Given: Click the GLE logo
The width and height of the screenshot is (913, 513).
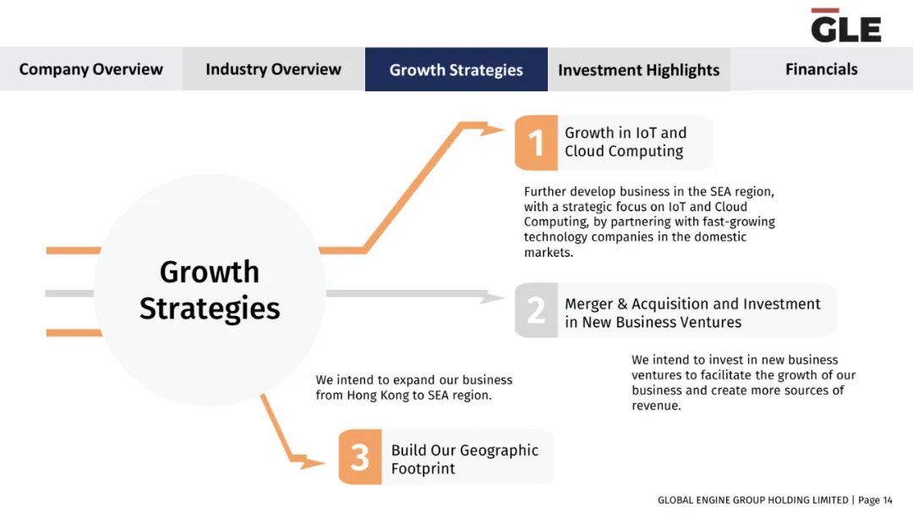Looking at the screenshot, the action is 846,25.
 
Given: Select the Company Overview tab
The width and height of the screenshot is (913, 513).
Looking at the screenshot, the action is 90,69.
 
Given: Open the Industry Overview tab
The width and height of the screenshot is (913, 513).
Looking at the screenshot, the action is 274,69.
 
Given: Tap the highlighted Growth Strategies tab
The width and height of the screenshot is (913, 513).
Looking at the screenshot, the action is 456,69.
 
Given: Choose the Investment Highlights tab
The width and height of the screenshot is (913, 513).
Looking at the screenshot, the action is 639,69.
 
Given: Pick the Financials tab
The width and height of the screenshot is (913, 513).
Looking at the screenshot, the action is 822,69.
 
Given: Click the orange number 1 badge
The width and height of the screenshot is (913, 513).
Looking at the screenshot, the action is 536,143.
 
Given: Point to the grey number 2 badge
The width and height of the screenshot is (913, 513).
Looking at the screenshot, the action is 536,310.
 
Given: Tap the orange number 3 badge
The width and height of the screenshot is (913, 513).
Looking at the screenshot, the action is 360,457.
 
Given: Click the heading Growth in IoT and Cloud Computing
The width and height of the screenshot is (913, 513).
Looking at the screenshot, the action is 626,141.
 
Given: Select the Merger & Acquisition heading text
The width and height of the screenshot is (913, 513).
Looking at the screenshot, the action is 692,313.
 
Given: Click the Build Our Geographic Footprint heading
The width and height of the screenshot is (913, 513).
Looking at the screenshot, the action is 465,459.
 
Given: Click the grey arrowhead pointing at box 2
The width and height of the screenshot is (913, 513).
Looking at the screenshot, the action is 492,297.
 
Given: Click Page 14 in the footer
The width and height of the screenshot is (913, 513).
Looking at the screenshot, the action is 875,500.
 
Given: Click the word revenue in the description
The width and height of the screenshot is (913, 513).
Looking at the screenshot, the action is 656,406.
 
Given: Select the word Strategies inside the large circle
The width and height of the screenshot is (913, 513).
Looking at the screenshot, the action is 210,309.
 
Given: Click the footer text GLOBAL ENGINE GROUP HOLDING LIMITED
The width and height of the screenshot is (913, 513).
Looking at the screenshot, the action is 753,500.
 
